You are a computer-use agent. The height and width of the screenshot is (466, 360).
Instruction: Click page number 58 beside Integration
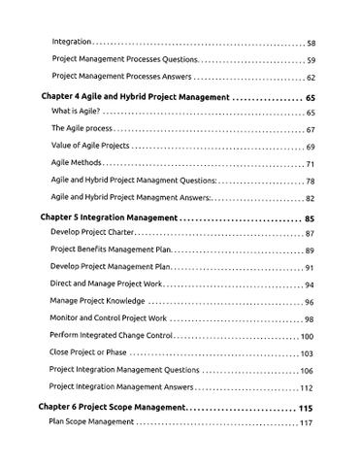[x=311, y=44]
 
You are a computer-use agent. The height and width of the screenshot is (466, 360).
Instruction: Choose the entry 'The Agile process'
[x=81, y=130]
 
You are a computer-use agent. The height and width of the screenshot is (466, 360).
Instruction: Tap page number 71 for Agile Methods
[x=311, y=163]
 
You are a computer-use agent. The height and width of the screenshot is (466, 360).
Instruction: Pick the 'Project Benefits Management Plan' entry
[x=109, y=250]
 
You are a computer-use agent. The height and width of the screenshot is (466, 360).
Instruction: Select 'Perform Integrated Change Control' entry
[x=111, y=336]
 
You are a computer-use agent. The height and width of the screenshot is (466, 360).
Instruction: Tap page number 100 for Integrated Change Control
[x=307, y=336]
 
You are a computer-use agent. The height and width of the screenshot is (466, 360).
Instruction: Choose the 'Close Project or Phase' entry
[x=88, y=353]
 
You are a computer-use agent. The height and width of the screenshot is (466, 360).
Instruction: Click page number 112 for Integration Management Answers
[x=307, y=387]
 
